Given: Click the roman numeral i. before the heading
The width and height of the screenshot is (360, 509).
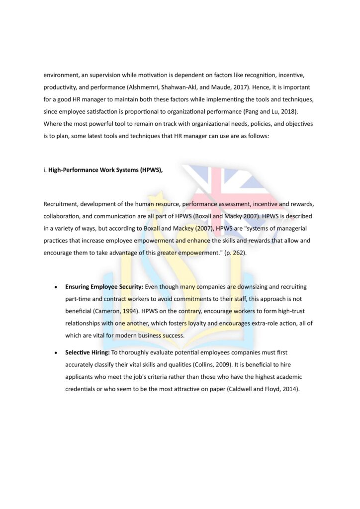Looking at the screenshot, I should point(45,170).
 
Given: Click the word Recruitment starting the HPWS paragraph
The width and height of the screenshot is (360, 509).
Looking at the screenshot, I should point(60,204).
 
